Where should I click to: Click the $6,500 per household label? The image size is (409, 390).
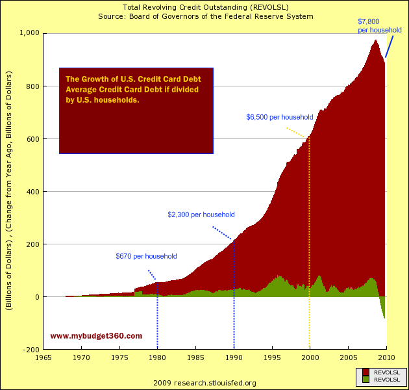click(280, 117)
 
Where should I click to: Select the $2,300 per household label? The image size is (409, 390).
click(201, 214)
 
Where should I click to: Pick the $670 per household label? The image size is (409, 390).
click(146, 256)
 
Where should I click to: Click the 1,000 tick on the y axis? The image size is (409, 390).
click(29, 33)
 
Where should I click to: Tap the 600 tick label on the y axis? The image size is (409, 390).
click(32, 139)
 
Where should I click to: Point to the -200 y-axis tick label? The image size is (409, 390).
click(31, 350)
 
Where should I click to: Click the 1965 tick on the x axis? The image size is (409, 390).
click(43, 357)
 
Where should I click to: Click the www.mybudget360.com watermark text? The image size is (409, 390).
click(96, 336)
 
